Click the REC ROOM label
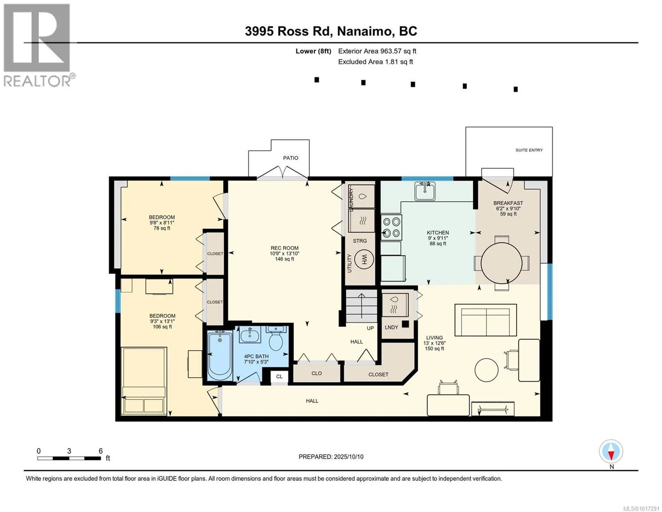click(285, 248)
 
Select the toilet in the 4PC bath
click(276, 338)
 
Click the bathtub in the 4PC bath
click(220, 355)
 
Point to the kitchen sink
click(425, 191)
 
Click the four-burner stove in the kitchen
click(391, 227)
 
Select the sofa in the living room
click(486, 320)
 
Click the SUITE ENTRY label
click(529, 150)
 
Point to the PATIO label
click(291, 158)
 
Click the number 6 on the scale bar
click(101, 451)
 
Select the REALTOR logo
click(38, 45)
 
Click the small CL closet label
click(279, 377)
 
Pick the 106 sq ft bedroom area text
click(162, 326)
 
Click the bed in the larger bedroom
click(144, 381)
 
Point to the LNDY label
click(391, 327)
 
